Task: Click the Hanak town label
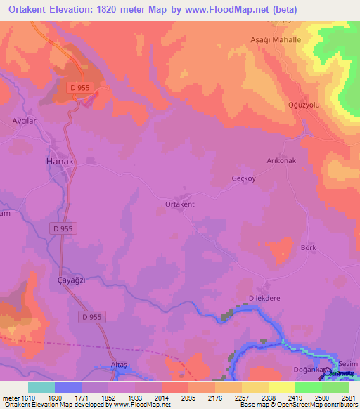click(60, 161)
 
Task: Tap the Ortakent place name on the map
click(179, 204)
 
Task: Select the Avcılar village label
click(24, 120)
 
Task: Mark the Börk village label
click(308, 247)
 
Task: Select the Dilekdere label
click(264, 298)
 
